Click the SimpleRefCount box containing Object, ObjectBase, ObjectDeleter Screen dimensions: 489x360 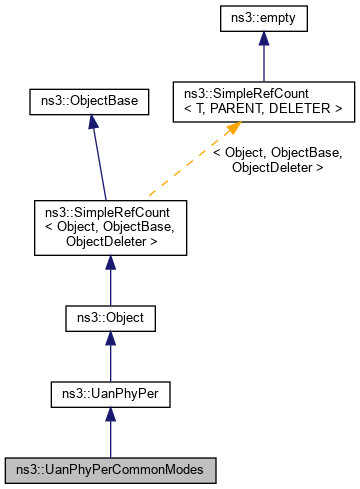110,226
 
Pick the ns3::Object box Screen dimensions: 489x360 110,320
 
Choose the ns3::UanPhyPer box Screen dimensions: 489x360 110,394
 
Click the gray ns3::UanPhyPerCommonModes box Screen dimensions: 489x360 110,468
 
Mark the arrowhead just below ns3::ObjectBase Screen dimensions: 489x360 91,120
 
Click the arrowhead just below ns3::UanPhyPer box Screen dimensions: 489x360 110,415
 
